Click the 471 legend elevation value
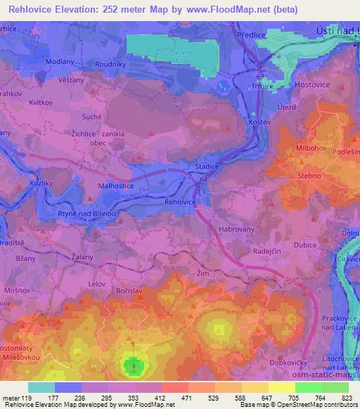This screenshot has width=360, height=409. (x=188, y=396)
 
